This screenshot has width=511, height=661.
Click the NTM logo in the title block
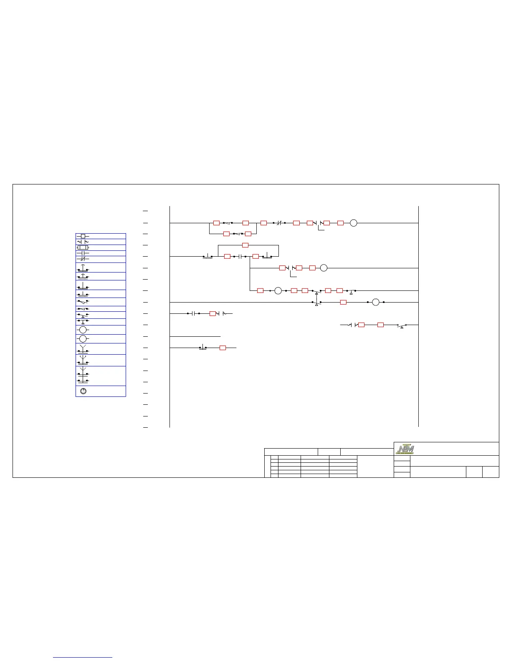405,449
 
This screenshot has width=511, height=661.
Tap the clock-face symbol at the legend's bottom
83,391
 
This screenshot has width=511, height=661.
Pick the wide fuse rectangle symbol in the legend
83,247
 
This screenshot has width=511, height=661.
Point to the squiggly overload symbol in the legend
83,242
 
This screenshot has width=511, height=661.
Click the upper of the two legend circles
83,330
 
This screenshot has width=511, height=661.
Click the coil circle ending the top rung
353,223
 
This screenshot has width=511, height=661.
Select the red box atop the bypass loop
245,245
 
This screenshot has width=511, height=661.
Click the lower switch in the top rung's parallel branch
237,234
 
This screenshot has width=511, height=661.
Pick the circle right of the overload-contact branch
323,268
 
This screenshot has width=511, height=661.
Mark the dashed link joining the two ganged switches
316,296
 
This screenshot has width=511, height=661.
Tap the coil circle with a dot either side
375,302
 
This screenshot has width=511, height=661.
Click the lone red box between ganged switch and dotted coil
343,302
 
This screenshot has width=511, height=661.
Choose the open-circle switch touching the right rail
402,325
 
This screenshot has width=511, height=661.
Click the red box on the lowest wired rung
223,348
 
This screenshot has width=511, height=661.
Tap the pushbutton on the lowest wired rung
202,347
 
